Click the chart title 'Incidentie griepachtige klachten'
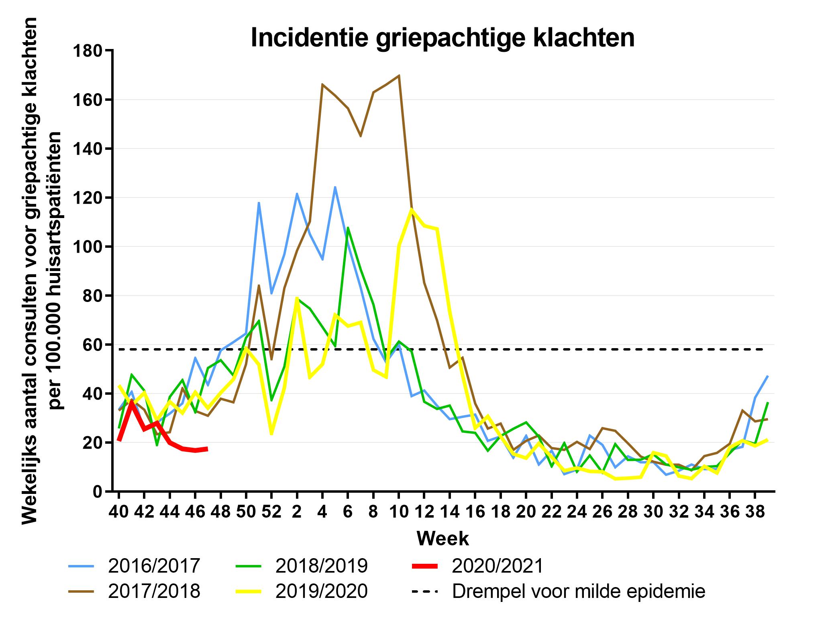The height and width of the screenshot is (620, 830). pos(443,38)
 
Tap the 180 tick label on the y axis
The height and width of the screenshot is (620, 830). pos(88,51)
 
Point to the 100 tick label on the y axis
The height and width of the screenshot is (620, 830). pos(88,247)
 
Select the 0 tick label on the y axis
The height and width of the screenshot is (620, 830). pos(98,492)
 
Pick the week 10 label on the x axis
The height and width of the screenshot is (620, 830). pos(398,513)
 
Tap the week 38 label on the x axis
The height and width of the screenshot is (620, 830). pos(755,513)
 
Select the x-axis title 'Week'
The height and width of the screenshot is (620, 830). pos(443,538)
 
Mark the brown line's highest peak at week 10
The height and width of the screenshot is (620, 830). pos(399,75)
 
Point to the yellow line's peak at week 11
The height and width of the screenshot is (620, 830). pos(411,209)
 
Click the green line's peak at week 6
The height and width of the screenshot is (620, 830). pos(348,228)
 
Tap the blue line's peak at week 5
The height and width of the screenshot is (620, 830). pos(335,187)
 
